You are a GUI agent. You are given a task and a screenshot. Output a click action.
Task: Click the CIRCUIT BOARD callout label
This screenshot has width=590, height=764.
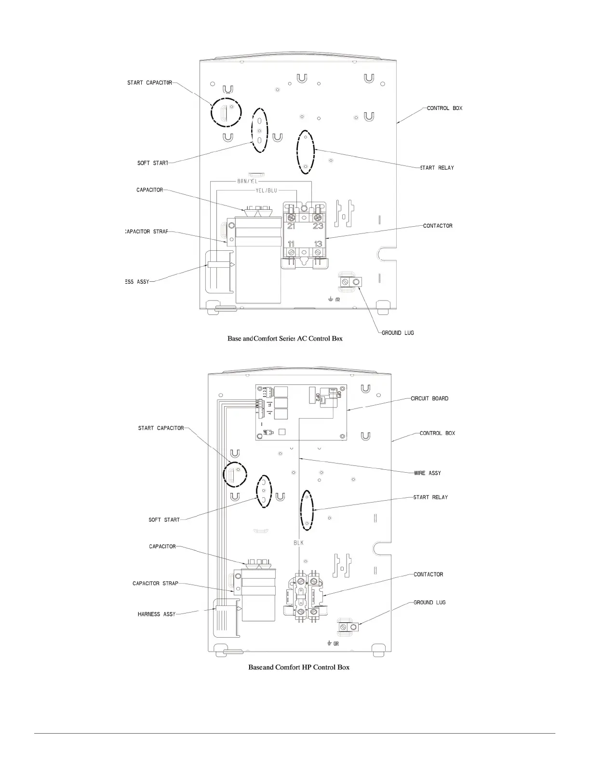pos(429,398)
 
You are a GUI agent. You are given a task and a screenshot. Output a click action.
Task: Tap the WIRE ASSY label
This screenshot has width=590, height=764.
pos(427,473)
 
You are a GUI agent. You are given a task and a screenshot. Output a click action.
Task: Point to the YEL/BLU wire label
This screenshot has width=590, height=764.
pos(267,191)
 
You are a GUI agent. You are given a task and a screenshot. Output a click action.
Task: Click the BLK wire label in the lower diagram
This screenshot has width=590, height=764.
pos(299,543)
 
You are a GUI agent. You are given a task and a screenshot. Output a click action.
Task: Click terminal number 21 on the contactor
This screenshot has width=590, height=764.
pos(291,226)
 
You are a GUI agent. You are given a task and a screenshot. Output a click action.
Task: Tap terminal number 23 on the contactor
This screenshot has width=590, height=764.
pos(318,226)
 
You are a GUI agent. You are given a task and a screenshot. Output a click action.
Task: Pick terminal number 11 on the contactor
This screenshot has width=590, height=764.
pos(291,244)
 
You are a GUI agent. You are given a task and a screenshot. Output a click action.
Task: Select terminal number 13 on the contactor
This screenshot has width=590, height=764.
pos(318,244)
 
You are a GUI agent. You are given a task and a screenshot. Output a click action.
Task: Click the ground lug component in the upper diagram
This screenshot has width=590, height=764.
pos(349,282)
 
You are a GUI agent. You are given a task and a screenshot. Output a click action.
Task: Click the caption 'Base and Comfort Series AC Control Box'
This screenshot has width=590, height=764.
pos(285,339)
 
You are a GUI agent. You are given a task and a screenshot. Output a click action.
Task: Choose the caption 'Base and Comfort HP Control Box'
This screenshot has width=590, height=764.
pos(298,668)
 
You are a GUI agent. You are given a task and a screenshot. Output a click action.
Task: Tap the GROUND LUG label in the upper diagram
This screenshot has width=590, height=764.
pos(398,333)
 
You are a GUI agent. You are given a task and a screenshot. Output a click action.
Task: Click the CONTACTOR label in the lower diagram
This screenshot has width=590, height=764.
pos(428,574)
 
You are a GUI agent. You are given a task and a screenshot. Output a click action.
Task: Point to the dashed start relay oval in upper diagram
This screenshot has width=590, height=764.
pos(306,152)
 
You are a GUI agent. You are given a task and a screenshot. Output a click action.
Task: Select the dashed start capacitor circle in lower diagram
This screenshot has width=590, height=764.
pos(235,474)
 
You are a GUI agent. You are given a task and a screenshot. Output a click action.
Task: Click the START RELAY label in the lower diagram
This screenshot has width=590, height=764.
pos(430,497)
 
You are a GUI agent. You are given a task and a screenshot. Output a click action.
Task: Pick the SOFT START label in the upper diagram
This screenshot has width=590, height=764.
pos(153,163)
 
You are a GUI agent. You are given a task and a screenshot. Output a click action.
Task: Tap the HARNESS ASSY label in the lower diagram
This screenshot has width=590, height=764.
pos(157,614)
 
